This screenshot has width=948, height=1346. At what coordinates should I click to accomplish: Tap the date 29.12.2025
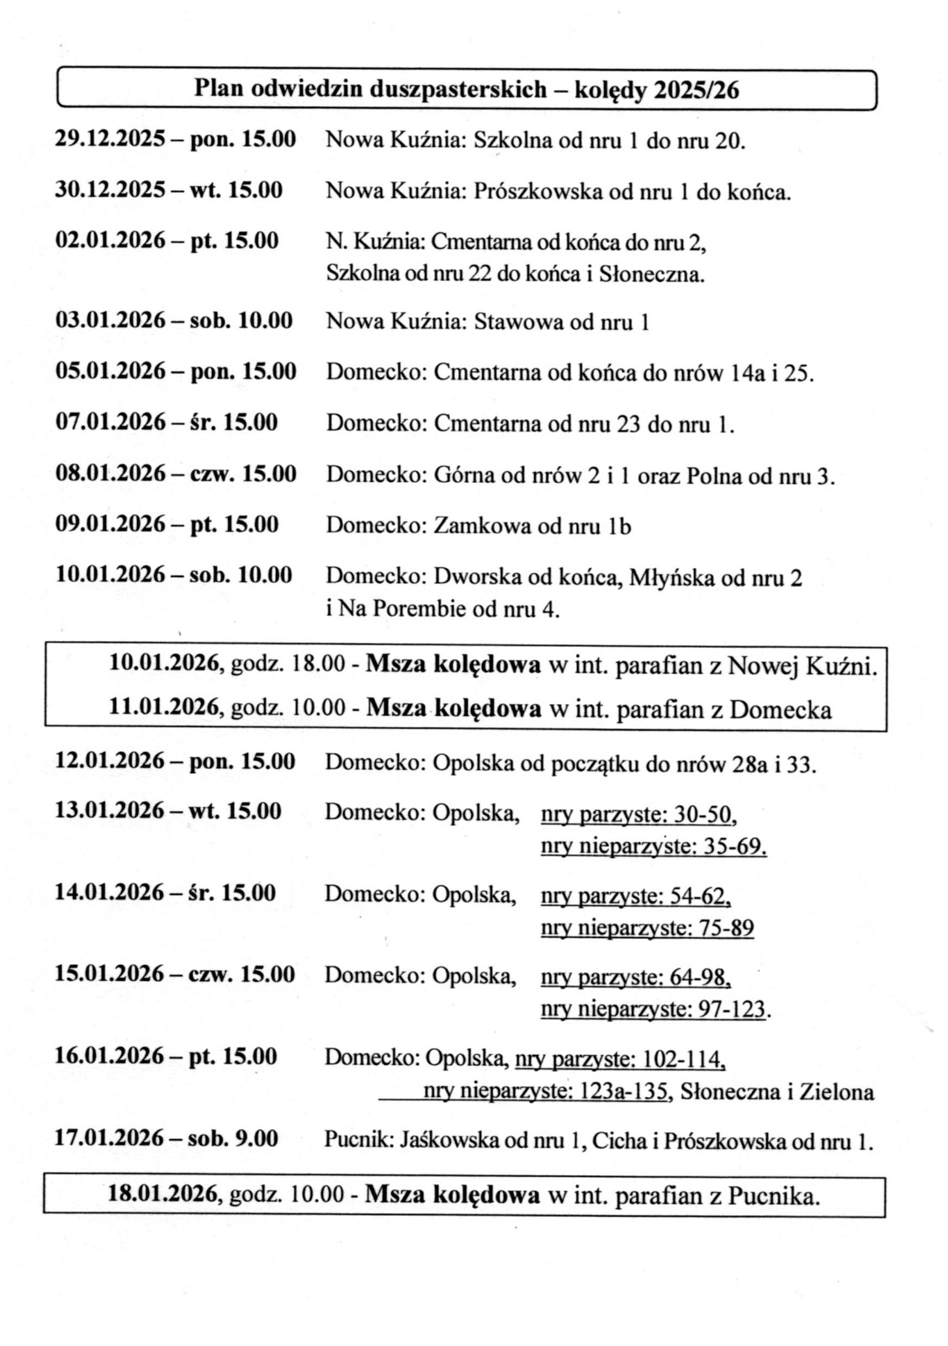[x=109, y=140]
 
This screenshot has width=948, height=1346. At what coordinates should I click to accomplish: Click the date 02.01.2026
[x=109, y=241]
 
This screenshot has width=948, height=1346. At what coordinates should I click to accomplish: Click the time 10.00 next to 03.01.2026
[x=267, y=321]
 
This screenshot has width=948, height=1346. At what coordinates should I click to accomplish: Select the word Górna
[x=464, y=476]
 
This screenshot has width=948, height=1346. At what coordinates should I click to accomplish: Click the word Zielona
[x=840, y=1093]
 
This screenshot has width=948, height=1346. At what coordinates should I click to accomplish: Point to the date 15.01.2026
[x=110, y=974]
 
